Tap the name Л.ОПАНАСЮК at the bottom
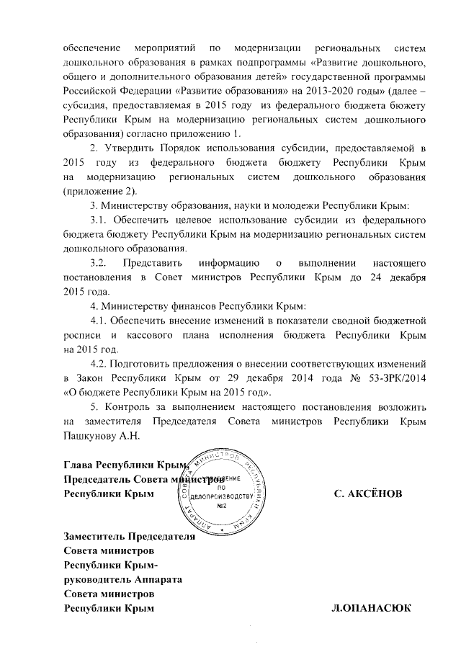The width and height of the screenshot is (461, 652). pos(371,609)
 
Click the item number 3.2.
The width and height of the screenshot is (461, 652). pos(99,263)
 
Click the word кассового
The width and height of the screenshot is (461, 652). pos(153,335)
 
